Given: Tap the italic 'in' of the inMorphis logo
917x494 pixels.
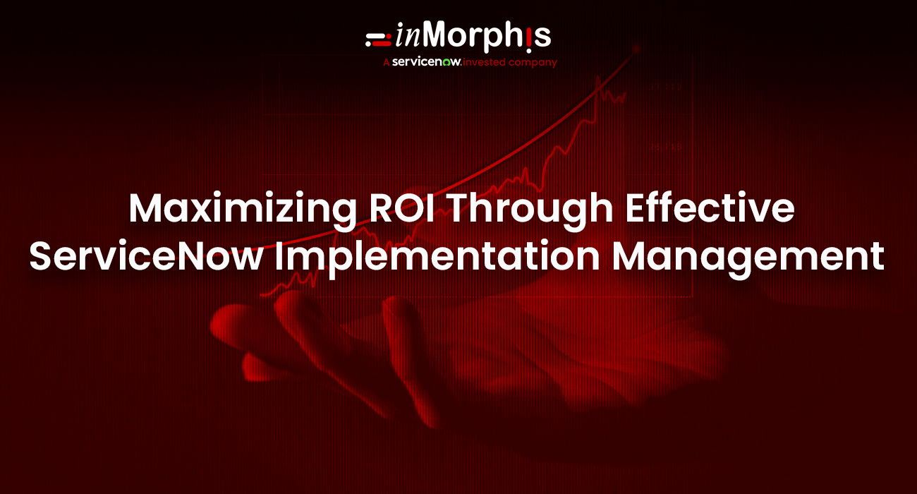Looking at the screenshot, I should coord(407,37).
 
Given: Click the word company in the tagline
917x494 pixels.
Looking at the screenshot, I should coord(534,63).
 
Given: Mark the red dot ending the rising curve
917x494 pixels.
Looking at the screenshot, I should coord(636,49).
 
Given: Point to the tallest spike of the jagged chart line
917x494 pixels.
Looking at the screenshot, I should coord(599,79).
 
